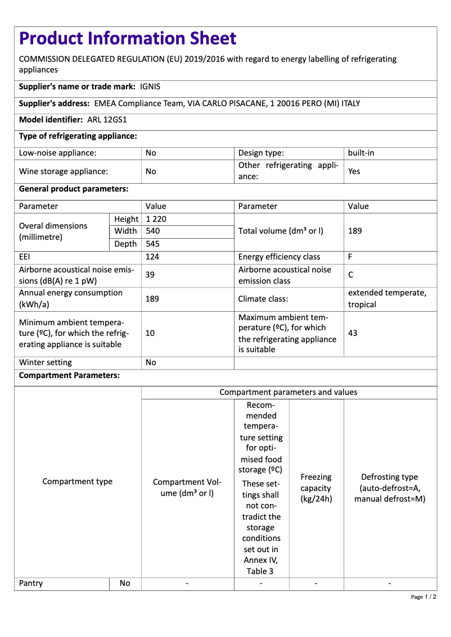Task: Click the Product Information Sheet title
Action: pos(128,38)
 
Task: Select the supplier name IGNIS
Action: pos(150,87)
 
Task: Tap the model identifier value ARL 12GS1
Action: pos(107,120)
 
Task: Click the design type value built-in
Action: pos(361,153)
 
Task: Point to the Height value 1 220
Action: pos(156,219)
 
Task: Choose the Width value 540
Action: pos(153,231)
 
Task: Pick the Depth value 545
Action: pos(153,244)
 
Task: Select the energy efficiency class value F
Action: pos(350,257)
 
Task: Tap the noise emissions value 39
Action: pos(151,275)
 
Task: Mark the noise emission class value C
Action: pos(351,275)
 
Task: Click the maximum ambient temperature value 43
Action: pos(353,333)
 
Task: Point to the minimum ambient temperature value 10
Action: pos(150,333)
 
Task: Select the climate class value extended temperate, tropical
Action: pos(387,299)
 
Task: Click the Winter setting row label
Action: pos(46,362)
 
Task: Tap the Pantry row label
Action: pos(31,583)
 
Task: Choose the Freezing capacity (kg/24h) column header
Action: pos(316,488)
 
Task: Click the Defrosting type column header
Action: pos(390,488)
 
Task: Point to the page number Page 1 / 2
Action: pos(423,597)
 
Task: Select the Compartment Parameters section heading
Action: pos(69,375)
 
